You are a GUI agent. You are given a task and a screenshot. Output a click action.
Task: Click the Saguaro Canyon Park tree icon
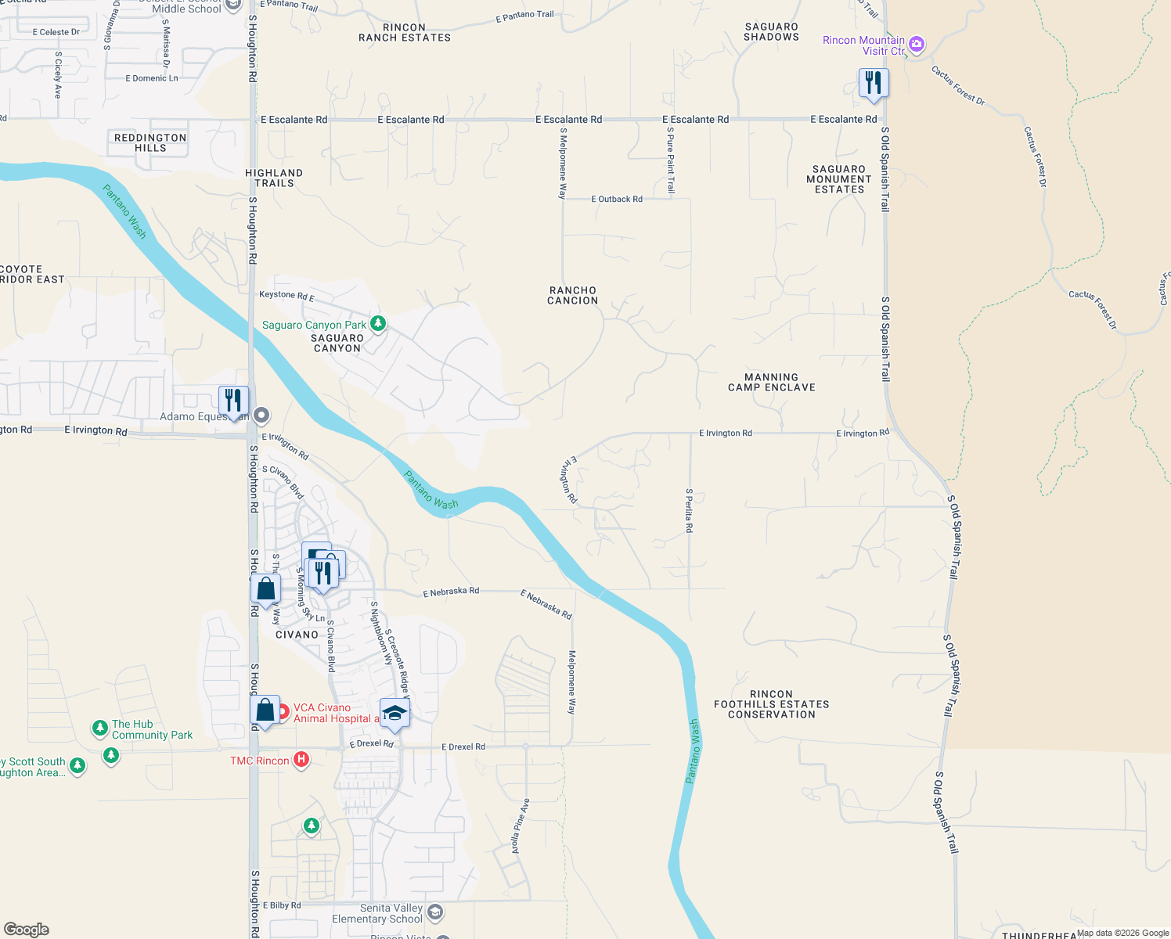[378, 323]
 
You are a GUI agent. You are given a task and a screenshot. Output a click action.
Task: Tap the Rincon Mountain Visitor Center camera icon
[917, 45]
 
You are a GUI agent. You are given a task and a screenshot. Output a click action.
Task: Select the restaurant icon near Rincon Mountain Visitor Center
[874, 83]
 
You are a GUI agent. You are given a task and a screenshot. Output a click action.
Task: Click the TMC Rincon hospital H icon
[301, 760]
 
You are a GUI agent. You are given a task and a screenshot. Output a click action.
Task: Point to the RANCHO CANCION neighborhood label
[573, 296]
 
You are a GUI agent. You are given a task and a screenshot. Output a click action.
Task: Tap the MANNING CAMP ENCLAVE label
[771, 383]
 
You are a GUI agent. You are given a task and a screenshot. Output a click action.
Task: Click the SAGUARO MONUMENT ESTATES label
[838, 179]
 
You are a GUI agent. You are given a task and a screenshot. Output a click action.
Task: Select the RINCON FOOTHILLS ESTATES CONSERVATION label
[771, 704]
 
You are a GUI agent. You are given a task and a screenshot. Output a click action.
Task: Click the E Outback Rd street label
[617, 200]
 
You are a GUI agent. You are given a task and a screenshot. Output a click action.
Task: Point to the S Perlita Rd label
[689, 511]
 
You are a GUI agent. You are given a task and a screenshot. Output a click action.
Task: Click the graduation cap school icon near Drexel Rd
[395, 713]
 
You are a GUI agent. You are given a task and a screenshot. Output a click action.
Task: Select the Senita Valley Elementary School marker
[435, 912]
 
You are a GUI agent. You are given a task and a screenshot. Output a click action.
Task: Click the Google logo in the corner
[27, 929]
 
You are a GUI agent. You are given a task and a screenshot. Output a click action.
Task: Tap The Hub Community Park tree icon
[99, 729]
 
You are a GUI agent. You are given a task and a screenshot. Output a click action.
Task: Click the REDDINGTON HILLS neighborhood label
[150, 142]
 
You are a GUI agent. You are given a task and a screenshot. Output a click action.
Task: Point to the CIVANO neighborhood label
[297, 635]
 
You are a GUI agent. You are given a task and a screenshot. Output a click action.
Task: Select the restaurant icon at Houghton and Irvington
[233, 401]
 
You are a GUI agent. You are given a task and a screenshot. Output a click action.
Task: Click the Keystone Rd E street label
[286, 296]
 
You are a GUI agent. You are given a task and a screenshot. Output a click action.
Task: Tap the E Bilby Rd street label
[282, 905]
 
